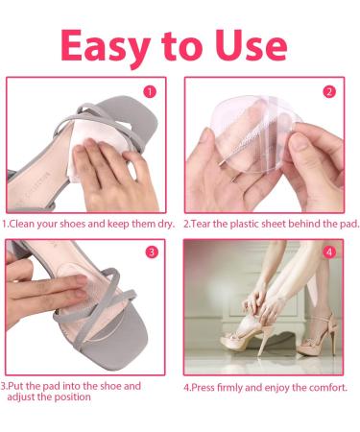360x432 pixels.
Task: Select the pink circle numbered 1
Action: [150, 93]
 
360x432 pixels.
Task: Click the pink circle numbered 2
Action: [329, 92]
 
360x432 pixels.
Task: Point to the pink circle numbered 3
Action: [151, 253]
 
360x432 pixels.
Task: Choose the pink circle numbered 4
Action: [329, 253]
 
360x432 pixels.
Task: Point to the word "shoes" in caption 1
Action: [85, 224]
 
